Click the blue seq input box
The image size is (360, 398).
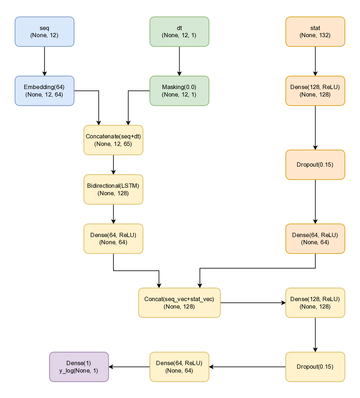(44, 31)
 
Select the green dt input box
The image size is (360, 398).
(179, 31)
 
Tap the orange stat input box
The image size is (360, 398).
(315, 31)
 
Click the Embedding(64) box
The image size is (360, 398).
(44, 91)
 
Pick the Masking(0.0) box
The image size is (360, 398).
(179, 91)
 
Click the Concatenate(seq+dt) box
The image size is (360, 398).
(113, 140)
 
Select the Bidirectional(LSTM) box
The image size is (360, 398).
(113, 190)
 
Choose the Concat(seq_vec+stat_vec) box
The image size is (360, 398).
(179, 303)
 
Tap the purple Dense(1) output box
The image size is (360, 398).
(79, 367)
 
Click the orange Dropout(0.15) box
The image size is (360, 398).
(315, 164)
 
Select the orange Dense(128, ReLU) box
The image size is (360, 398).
(315, 91)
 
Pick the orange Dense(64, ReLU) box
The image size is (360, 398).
(315, 239)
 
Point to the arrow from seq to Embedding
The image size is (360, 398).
(44, 61)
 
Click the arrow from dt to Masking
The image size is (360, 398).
(179, 61)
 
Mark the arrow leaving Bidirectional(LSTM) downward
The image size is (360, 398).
(113, 214)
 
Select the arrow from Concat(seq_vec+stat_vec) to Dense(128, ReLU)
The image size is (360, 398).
(252, 303)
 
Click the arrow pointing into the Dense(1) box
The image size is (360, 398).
(129, 367)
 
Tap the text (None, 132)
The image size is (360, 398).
(315, 35)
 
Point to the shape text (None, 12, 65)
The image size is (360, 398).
(113, 144)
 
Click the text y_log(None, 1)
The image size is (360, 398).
(79, 371)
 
